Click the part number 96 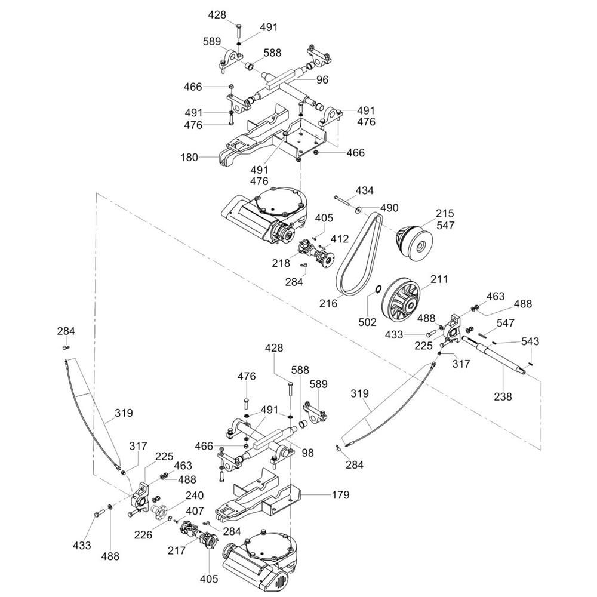322,79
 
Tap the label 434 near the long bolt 365,191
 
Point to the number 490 389,208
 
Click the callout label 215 444,213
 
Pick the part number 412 340,239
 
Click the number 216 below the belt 328,303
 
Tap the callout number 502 368,322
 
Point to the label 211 439,279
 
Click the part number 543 530,341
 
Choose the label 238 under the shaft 503,396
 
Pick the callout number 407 195,511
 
